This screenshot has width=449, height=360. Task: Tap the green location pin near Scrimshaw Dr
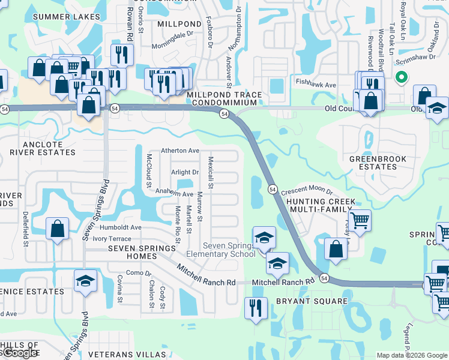pyautogui.click(x=401, y=77)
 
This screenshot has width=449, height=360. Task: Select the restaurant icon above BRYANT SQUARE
pyautogui.click(x=256, y=308)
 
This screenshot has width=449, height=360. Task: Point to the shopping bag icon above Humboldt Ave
pyautogui.click(x=57, y=229)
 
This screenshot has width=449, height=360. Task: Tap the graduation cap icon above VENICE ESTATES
pyautogui.click(x=85, y=281)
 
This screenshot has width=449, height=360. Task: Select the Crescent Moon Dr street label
pyautogui.click(x=306, y=190)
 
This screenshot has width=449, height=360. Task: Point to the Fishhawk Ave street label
pyautogui.click(x=315, y=85)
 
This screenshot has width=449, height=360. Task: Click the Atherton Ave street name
pyautogui.click(x=180, y=151)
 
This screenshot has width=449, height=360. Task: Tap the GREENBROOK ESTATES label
pyautogui.click(x=378, y=163)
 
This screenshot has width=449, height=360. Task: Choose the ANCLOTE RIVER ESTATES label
pyautogui.click(x=42, y=148)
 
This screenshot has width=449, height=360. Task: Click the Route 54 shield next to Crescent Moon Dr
pyautogui.click(x=272, y=189)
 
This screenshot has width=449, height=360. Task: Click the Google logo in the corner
pyautogui.click(x=20, y=353)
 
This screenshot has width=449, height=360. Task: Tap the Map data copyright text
pyautogui.click(x=412, y=355)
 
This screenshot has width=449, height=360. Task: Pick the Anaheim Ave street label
pyautogui.click(x=174, y=194)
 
